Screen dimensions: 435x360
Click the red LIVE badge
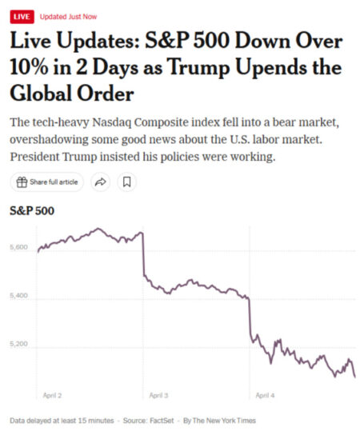pos(22,16)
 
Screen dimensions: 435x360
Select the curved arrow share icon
pos(101,182)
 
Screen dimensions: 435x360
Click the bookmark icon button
pos(126,182)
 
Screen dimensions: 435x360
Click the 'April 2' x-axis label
pos(52,395)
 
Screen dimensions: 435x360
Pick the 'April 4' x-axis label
pos(265,395)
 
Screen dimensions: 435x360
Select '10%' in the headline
pos(30,67)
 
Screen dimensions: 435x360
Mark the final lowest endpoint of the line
pos(354,376)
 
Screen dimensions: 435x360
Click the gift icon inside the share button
pos(22,182)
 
